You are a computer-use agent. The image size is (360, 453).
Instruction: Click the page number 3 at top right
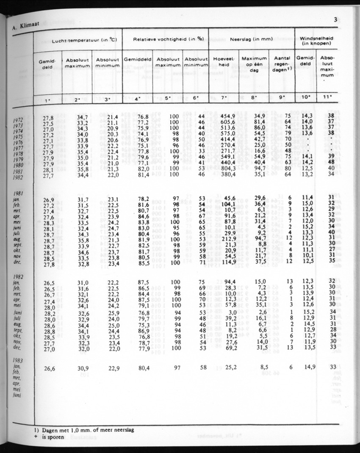coord(335,19)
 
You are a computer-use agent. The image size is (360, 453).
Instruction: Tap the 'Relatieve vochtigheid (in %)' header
coord(165,39)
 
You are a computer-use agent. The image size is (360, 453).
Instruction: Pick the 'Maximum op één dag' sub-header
coord(254,64)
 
